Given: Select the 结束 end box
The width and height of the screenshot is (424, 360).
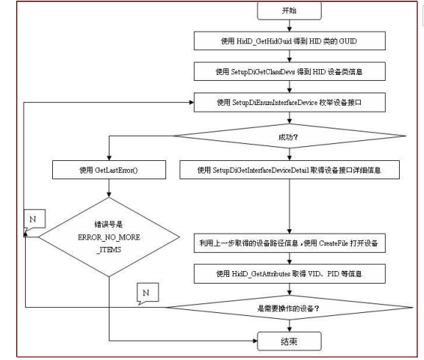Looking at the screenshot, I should pos(288,341).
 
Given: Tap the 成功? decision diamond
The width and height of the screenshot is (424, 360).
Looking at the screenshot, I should pos(288,137).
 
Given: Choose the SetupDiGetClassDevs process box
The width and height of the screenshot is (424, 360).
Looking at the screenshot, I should pos(288,71).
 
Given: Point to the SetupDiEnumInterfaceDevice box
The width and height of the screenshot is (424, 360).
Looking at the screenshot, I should pos(288,104).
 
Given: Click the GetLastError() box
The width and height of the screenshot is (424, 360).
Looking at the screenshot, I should pos(109,170).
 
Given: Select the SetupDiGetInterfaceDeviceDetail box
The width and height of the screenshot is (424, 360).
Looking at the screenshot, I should pos(288,170).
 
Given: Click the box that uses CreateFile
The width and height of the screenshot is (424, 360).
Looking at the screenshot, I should pos(288,242).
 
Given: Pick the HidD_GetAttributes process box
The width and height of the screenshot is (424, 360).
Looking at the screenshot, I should pos(288,274).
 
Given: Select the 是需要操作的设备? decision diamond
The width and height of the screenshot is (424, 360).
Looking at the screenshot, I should pos(288,308).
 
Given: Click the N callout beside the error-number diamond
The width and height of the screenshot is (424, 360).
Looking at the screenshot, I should pos(32,220).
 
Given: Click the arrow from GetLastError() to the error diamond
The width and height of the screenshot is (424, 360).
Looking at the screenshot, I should pos(109,188).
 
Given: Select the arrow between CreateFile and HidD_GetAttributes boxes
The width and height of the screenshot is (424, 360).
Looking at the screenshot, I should pos(288,258).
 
